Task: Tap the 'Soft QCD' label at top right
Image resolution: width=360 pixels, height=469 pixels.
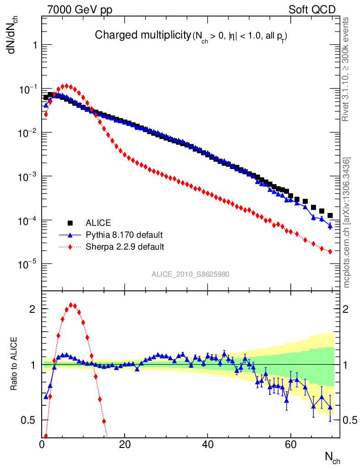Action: (x=312, y=9)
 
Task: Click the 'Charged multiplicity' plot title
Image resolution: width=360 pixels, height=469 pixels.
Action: (x=142, y=35)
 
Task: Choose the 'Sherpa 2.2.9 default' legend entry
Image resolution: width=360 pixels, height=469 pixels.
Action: (x=125, y=247)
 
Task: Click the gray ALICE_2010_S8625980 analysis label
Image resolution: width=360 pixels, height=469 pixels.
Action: (x=191, y=274)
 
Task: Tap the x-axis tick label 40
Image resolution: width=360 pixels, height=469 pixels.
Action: (x=207, y=445)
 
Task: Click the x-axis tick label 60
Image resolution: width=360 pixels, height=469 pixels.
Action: (x=290, y=445)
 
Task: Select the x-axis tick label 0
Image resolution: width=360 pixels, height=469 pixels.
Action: (x=42, y=445)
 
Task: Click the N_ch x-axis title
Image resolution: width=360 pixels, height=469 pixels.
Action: (x=332, y=457)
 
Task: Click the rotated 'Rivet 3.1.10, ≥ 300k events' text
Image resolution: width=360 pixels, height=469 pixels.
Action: (x=347, y=69)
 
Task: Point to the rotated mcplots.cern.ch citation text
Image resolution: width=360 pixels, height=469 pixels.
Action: (x=347, y=222)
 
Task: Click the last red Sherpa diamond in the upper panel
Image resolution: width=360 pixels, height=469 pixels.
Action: (x=330, y=251)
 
